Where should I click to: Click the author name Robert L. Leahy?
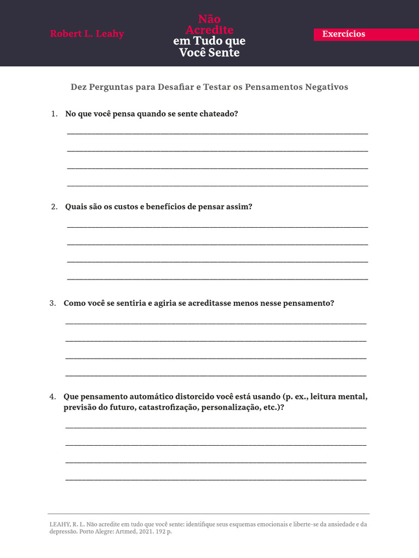[87, 34]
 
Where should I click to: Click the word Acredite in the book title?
[209, 30]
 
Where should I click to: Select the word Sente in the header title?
[223, 53]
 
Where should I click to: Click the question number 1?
[53, 114]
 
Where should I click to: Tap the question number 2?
[53, 207]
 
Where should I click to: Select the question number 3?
[52, 303]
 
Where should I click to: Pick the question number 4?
[52, 397]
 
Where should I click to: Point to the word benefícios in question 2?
[166, 207]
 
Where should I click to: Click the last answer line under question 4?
[216, 480]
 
